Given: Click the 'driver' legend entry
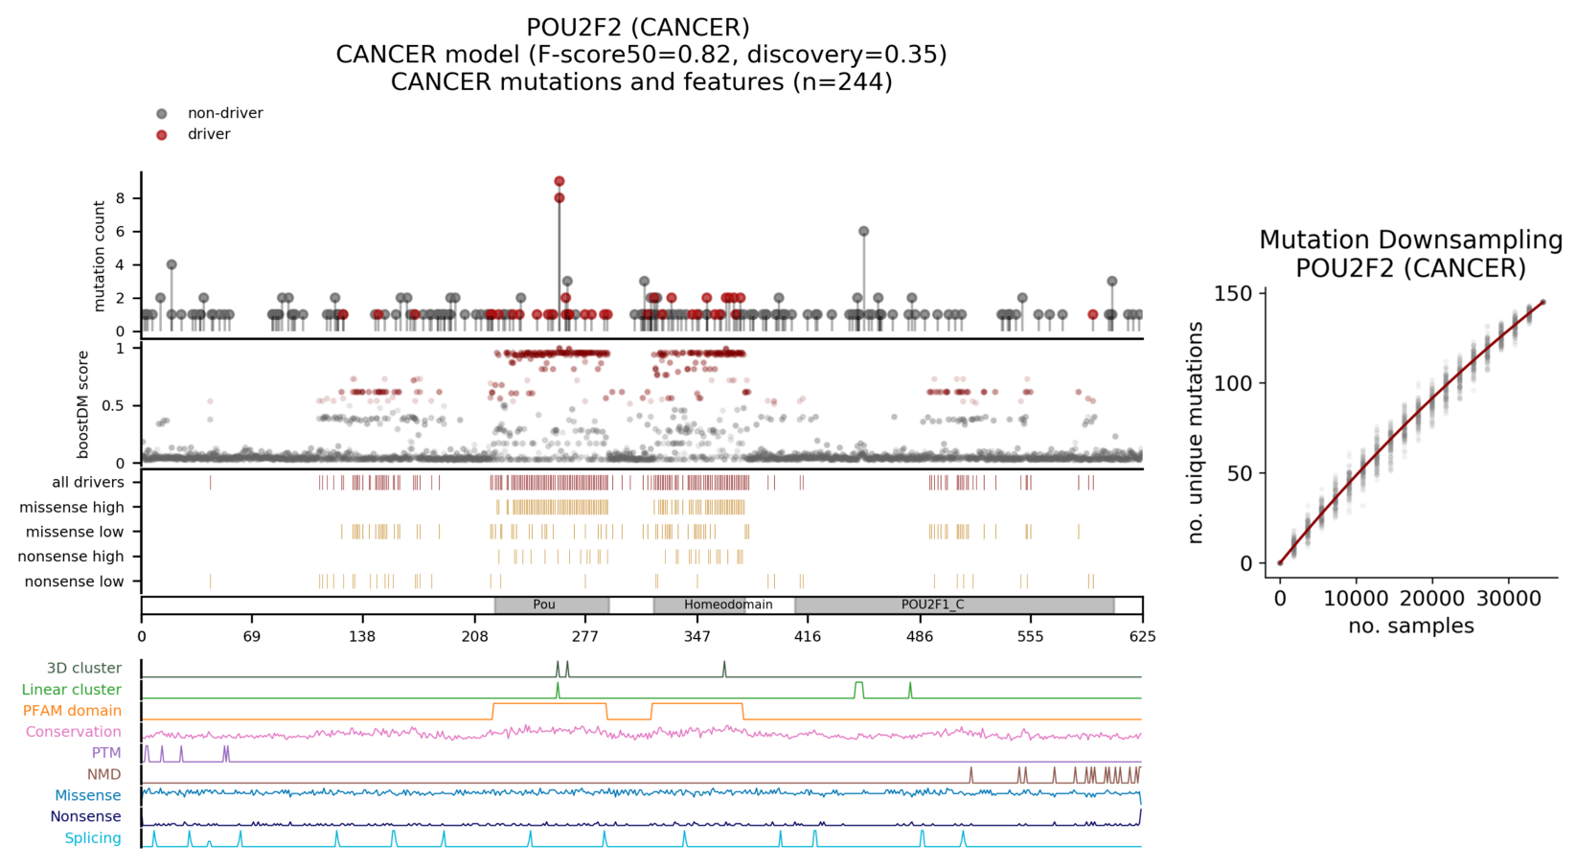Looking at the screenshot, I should click(x=209, y=134).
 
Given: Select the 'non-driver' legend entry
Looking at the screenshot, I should click(x=224, y=113).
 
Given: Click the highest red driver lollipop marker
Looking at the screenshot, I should click(x=560, y=181).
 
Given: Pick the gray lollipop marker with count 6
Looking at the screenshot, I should click(x=863, y=232).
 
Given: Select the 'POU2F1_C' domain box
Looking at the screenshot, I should click(x=932, y=605).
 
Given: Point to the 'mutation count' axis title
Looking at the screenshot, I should click(x=100, y=256).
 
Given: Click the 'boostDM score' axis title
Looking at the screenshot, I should click(x=84, y=403).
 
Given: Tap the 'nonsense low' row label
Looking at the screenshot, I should click(x=74, y=582).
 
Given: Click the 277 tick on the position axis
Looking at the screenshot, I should click(x=585, y=636).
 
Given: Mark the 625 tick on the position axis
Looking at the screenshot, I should click(x=1142, y=636).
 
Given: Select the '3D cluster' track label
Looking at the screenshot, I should click(x=84, y=669).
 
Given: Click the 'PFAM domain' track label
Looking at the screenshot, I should click(x=72, y=711).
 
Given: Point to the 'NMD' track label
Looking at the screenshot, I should click(x=103, y=774).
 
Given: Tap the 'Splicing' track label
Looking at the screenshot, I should click(x=93, y=838).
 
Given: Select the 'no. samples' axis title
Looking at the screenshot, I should click(x=1410, y=627).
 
